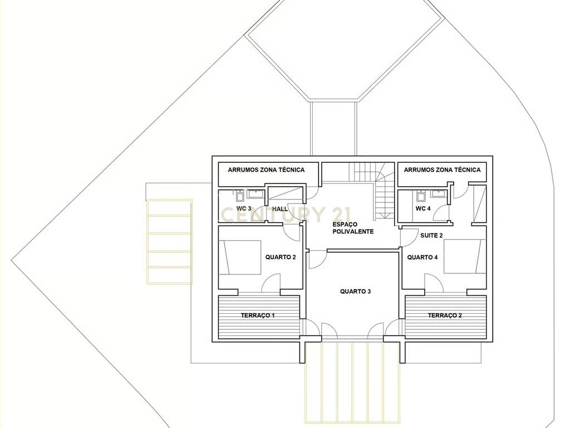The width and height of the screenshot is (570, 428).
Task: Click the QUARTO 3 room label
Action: click(x=355, y=291)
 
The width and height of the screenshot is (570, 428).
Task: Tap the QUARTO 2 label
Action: click(x=281, y=257)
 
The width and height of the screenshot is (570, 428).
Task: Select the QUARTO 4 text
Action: click(x=422, y=257)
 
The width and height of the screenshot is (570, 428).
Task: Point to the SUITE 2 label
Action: click(x=431, y=236)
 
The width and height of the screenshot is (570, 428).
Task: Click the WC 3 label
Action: click(x=244, y=208)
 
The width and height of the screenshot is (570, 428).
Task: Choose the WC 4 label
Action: click(x=423, y=208)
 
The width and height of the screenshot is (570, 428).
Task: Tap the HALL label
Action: click(x=280, y=209)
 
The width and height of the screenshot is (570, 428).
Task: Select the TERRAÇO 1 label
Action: click(x=258, y=315)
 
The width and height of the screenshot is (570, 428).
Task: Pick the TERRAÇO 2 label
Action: click(x=445, y=315)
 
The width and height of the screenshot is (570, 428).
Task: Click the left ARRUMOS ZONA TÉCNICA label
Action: click(x=266, y=169)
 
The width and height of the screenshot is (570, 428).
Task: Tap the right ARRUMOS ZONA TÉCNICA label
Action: click(x=442, y=169)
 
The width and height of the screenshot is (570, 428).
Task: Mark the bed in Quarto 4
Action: click(x=465, y=256)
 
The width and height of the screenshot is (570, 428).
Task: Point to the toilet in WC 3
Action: click(x=240, y=196)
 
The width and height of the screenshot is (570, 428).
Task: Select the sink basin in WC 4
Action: click(x=437, y=193)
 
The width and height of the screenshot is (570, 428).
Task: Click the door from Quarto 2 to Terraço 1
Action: click(x=271, y=283)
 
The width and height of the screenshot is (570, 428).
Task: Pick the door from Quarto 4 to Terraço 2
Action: click(x=434, y=283)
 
